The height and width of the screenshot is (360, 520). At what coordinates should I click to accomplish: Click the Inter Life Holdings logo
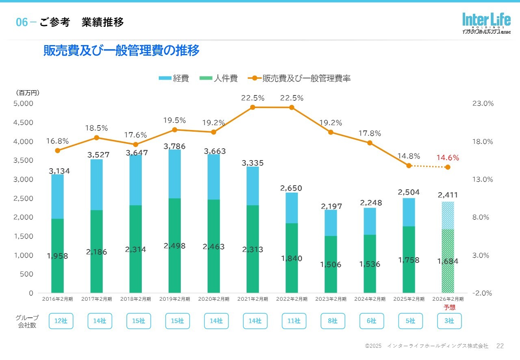pyautogui.click(x=486, y=24)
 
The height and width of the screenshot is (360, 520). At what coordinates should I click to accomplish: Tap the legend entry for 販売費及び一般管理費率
pyautogui.click(x=301, y=78)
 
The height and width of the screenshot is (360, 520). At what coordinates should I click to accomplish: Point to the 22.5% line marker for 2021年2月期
pyautogui.click(x=253, y=107)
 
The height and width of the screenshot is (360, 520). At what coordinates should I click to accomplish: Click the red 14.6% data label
pyautogui.click(x=448, y=158)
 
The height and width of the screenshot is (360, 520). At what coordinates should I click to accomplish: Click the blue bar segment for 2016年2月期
pyautogui.click(x=58, y=197)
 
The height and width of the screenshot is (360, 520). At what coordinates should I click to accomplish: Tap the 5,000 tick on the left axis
pyautogui.click(x=24, y=104)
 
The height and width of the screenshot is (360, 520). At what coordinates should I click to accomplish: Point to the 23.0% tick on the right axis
pyautogui.click(x=483, y=104)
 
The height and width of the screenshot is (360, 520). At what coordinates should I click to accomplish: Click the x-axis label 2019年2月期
pyautogui.click(x=175, y=299)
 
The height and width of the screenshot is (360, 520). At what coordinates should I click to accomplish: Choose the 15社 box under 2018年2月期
pyautogui.click(x=139, y=321)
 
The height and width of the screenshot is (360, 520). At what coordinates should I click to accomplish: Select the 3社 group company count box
pyautogui.click(x=449, y=321)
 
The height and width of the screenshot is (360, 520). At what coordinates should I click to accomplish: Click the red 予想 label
pyautogui.click(x=449, y=307)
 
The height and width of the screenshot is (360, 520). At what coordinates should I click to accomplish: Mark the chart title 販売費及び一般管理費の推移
pyautogui.click(x=121, y=51)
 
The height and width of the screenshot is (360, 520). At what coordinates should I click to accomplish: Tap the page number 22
pyautogui.click(x=500, y=346)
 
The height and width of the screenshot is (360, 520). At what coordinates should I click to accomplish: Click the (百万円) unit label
pyautogui.click(x=28, y=93)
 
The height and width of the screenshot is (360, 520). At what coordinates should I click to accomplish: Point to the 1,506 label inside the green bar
pyautogui.click(x=331, y=265)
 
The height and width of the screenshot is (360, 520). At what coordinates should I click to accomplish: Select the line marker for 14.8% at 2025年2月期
pyautogui.click(x=409, y=165)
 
